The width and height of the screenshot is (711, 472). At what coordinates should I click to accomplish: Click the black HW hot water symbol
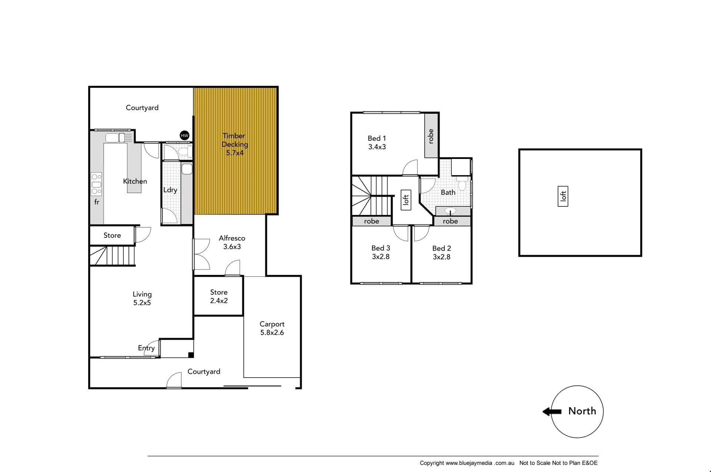coord(184,136)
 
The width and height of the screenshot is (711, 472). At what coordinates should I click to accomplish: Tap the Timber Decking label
coord(235,144)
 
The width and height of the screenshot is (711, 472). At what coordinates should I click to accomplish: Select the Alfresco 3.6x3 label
coord(232,242)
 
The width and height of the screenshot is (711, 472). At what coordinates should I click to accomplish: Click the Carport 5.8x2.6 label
coord(272,328)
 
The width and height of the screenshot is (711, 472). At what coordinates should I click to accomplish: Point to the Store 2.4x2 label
coord(219,296)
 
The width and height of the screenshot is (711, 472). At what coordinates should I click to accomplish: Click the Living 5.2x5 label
coord(142,298)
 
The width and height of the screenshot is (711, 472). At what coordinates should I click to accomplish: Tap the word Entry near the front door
coord(146,348)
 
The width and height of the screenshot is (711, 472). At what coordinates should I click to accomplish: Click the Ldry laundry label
coord(170,190)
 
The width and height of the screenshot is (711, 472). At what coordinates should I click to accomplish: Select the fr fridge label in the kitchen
coord(97,202)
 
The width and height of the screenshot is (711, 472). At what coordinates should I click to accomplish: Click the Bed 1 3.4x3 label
coord(377,143)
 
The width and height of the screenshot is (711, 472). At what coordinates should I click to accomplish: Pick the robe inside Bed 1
coord(431,136)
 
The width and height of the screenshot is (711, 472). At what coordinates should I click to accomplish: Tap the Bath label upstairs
coord(448,192)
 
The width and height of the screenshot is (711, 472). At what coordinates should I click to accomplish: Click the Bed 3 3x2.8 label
coord(381,252)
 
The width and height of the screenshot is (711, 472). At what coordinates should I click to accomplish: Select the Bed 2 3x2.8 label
coord(441,253)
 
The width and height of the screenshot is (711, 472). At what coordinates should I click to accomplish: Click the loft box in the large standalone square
coord(563,196)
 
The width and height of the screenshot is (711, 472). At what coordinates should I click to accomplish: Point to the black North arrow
coord(552,411)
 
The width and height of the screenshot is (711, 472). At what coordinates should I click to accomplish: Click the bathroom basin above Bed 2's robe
coord(450,211)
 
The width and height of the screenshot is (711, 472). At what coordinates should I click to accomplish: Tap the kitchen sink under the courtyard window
coord(116,138)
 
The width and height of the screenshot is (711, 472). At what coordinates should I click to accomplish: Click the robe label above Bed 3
coord(371,221)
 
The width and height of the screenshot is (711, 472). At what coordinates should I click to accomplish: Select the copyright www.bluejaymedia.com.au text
coord(467,463)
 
